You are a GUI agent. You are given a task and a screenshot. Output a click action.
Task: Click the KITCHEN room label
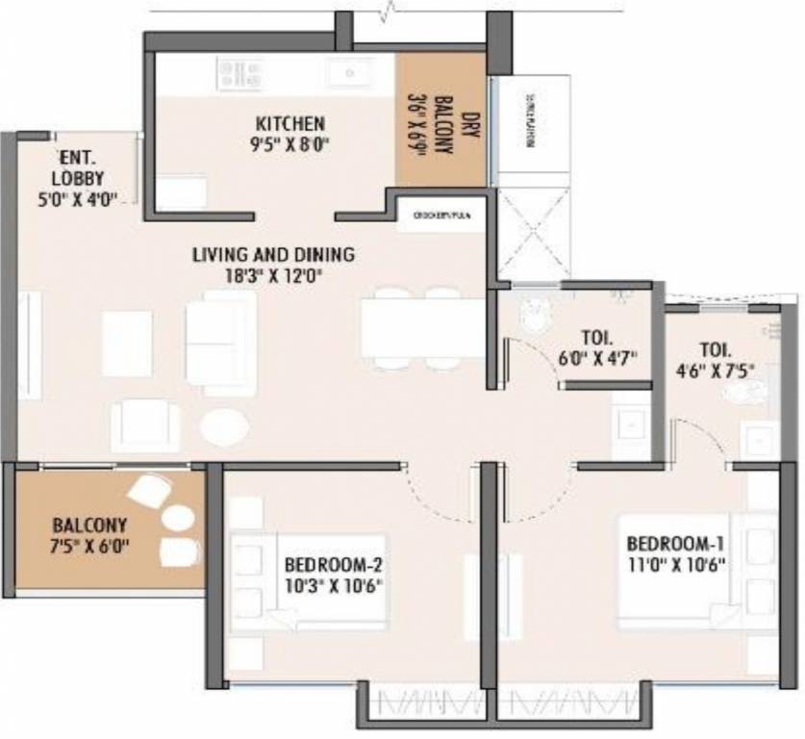(289, 124)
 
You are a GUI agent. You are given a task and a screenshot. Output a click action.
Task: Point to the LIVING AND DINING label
(273, 255)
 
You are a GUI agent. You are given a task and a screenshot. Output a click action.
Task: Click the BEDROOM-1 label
(674, 542)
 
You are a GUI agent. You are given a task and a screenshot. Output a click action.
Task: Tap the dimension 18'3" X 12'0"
(273, 276)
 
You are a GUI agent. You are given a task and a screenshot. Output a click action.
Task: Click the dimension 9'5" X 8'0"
(289, 146)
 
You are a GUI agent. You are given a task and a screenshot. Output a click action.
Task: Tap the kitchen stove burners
(239, 73)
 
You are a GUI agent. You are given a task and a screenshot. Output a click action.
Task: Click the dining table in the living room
(423, 327)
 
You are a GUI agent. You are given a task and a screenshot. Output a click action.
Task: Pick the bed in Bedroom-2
(308, 582)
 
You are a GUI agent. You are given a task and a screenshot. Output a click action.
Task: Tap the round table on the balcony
(178, 518)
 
